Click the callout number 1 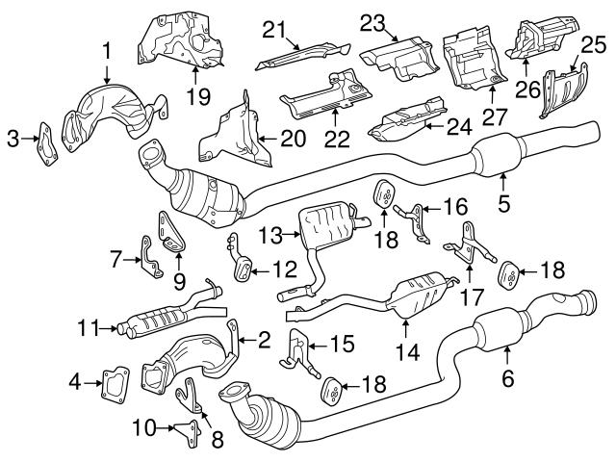pyautogui.click(x=107, y=48)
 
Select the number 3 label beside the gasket pyautogui.click(x=13, y=141)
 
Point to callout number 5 pyautogui.click(x=504, y=203)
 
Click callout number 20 pyautogui.click(x=293, y=139)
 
